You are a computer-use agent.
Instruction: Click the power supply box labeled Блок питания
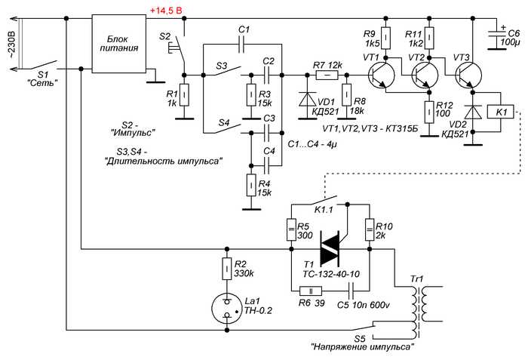pos(119,44)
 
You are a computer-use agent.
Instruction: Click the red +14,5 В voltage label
pos(166,11)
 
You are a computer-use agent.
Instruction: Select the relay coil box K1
pos(500,112)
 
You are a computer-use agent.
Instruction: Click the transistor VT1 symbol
pos(380,75)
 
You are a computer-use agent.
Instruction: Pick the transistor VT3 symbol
pos(468,75)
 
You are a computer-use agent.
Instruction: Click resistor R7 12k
pos(327,75)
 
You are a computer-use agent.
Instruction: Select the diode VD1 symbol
pos(308,100)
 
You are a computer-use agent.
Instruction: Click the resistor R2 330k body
pos(227,269)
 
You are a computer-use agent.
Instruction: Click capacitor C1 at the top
pos(241,45)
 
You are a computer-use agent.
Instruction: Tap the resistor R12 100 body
pos(428,112)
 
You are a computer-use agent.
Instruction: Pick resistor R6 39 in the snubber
pos(311,291)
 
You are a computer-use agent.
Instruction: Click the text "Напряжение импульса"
pos(363,347)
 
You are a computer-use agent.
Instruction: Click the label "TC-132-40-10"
pos(331,275)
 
